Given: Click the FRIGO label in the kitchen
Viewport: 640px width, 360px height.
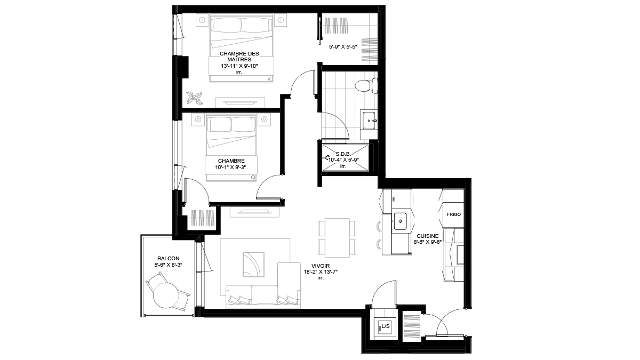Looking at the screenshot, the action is click(454, 214).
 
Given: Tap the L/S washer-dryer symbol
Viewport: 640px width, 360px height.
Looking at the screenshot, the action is click(386, 326).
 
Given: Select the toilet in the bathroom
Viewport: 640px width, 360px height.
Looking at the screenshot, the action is click(366, 85).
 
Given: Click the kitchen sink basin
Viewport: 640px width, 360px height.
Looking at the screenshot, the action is click(401, 221).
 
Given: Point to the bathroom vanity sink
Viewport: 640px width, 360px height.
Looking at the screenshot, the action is click(369, 121).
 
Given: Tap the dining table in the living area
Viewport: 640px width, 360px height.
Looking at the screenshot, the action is click(337, 238).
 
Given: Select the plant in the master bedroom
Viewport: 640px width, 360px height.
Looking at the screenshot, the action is click(194, 98).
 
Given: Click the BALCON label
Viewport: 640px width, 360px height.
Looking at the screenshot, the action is click(169, 259).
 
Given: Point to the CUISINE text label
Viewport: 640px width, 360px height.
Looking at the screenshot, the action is click(427, 236).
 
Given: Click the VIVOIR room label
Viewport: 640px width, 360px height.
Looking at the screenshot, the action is click(321, 266).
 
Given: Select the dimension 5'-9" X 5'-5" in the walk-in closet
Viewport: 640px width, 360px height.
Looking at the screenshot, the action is click(343, 46).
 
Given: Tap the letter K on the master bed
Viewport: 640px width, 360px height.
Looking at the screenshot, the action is click(269, 79).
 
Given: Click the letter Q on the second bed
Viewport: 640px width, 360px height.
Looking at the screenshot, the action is click(253, 178).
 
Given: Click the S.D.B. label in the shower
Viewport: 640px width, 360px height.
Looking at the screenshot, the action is click(343, 154).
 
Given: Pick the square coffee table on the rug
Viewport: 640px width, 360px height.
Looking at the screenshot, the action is click(253, 265).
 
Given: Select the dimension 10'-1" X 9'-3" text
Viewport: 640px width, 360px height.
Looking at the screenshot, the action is click(230, 167).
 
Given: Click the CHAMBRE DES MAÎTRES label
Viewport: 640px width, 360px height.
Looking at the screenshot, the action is click(239, 57).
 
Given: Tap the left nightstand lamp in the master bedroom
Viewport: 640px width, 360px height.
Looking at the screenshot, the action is click(202, 20).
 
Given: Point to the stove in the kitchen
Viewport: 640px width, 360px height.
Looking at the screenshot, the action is click(454, 255).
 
